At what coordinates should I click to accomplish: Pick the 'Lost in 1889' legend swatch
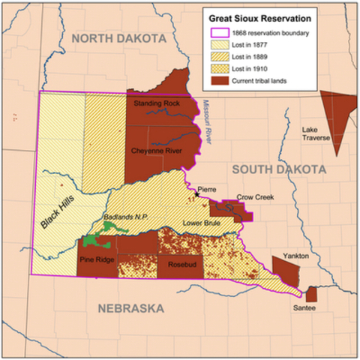(x=219, y=58)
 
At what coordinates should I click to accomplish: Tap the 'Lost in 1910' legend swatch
(x=219, y=70)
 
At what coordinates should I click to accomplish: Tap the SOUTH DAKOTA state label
(x=278, y=170)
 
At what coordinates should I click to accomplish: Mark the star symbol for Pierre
(x=197, y=193)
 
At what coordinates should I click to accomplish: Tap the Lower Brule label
(x=201, y=223)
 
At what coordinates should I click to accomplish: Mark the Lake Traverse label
(x=316, y=133)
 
